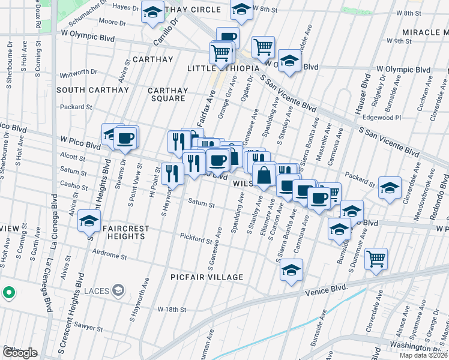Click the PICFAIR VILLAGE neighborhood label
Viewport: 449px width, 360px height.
(206, 277)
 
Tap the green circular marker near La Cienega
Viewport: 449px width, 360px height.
(8, 293)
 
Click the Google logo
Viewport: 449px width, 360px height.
(19, 353)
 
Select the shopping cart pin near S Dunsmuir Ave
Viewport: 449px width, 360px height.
(376, 259)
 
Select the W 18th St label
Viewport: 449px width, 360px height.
(172, 309)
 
